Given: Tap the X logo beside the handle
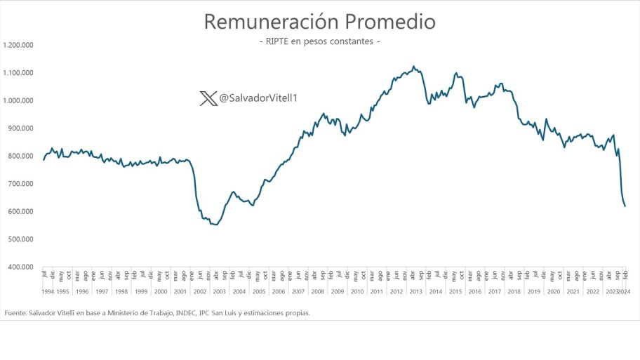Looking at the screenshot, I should [208, 98].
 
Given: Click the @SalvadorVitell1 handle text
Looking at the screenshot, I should [259, 98].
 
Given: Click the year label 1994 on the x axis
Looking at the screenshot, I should [47, 291].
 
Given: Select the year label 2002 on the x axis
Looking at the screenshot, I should [200, 291].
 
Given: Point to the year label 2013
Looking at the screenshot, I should [415, 291].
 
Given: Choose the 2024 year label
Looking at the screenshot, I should [623, 291].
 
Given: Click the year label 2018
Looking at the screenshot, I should [514, 291].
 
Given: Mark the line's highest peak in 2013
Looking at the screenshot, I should [413, 67].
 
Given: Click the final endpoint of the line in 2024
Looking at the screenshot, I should [625, 206].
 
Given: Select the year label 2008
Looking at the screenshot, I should [318, 291].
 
